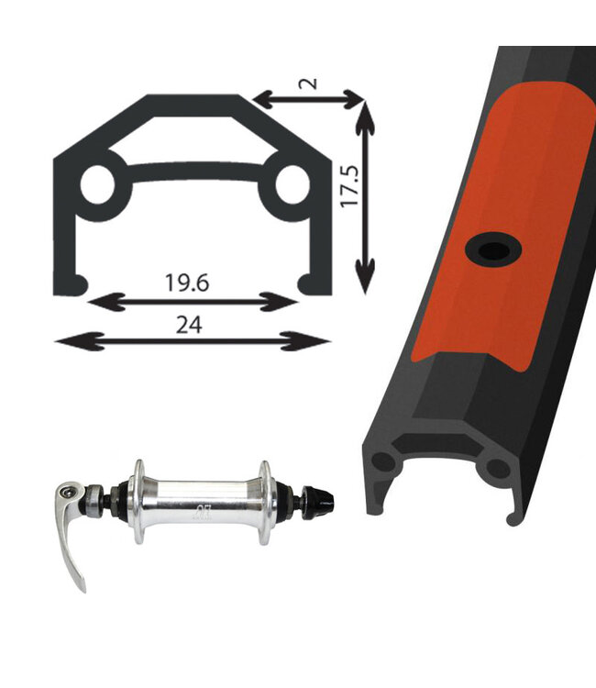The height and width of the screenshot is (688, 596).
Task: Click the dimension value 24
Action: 191,323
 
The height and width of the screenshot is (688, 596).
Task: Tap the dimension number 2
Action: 309,82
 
